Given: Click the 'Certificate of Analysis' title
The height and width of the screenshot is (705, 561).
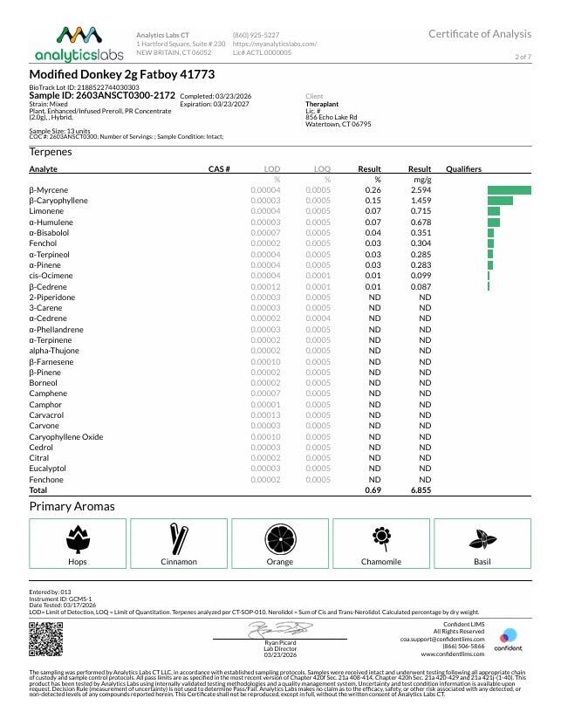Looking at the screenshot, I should click(x=479, y=34).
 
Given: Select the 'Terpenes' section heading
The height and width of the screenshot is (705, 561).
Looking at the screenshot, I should click(x=51, y=152).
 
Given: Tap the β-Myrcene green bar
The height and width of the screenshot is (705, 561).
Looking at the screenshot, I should click(x=509, y=189).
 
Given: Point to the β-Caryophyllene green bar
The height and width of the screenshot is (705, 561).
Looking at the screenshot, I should click(x=500, y=200).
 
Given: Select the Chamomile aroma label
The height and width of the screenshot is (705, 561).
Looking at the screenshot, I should click(x=380, y=562).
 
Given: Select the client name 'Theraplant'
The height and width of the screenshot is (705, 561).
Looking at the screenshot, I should click(x=321, y=103).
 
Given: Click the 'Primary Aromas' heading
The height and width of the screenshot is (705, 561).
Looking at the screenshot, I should click(x=72, y=506).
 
